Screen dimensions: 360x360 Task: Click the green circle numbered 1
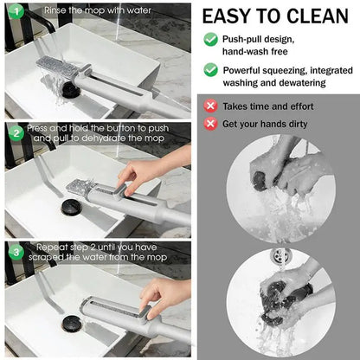pos(16,11)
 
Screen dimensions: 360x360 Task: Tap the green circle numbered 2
pos(16,133)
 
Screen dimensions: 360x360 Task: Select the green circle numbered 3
pos(16,253)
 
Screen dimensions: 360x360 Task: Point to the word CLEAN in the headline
pos(318,16)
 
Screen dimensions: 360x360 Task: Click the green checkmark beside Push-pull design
pos(210,39)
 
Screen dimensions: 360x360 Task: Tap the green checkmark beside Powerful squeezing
pos(210,70)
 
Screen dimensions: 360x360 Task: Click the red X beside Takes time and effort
pos(210,106)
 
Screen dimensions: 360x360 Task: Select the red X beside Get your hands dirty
pos(210,124)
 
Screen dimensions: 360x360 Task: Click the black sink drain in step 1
pos(71,89)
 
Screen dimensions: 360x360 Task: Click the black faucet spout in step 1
pos(41,20)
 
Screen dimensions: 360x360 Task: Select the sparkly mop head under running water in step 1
pos(58,66)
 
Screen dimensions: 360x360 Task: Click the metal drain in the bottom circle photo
pos(279,255)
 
